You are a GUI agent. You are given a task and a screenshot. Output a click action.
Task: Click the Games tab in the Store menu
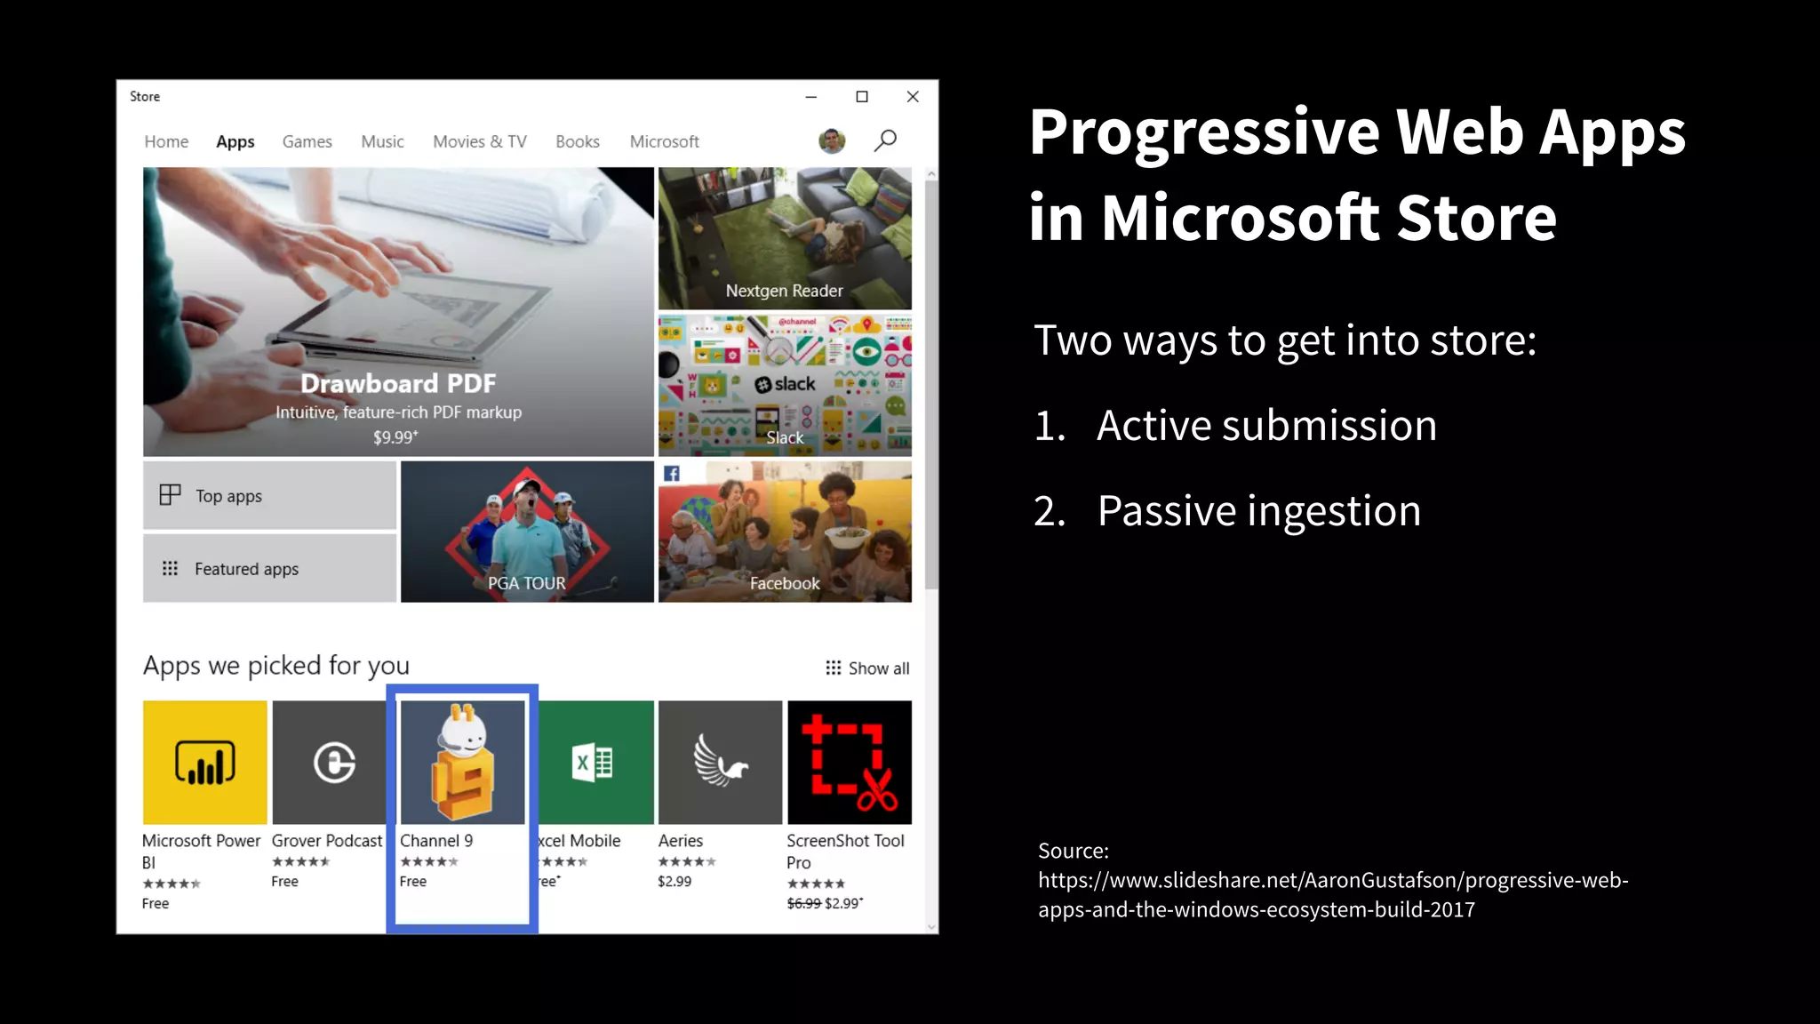307,141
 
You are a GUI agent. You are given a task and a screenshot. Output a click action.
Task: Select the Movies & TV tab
479,141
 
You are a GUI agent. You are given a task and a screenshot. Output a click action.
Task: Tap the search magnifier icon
885,140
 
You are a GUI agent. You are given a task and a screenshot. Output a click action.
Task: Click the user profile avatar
832,140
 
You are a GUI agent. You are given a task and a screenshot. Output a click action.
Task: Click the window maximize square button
861,97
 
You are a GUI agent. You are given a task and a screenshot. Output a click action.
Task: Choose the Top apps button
269,496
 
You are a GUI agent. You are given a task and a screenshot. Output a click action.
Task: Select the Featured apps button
269,569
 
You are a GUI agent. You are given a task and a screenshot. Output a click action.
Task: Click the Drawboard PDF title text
397,383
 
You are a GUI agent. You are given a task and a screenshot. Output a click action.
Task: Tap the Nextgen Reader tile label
784,291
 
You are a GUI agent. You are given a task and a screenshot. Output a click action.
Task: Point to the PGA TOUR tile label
526,583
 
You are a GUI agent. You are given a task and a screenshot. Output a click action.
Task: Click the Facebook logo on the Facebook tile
672,474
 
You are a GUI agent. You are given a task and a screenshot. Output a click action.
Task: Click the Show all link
867,668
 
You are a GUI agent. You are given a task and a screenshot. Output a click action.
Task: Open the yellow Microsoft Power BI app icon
204,763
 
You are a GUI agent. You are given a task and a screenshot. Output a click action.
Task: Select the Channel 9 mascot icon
462,763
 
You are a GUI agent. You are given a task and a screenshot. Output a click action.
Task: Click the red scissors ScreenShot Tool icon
849,763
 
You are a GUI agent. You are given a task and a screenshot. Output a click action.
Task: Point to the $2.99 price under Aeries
675,882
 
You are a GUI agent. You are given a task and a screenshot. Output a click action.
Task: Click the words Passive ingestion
1258,511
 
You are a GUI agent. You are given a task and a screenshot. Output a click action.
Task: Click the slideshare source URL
1333,894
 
